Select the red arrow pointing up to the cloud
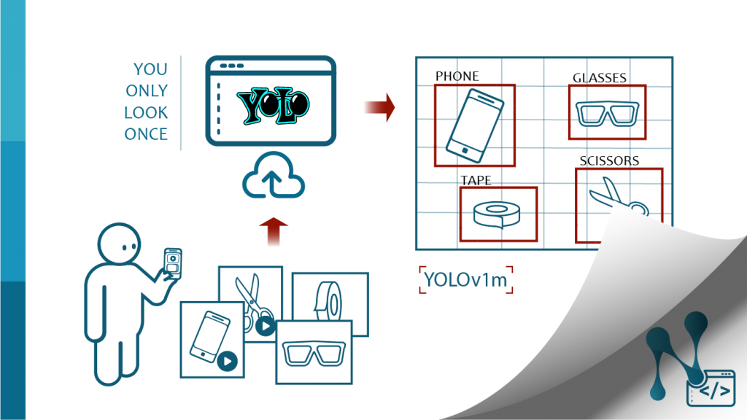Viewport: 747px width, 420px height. tap(273, 231)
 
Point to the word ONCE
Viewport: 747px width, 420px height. tap(146, 134)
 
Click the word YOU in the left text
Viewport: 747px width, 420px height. tap(150, 69)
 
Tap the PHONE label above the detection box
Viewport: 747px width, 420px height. tap(457, 76)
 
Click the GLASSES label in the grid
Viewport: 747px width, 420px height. tap(599, 78)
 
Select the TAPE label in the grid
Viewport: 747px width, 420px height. tap(476, 179)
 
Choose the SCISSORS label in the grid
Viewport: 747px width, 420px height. tap(609, 160)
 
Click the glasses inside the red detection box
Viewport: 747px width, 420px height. tap(607, 113)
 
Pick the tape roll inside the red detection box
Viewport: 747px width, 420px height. tap(498, 214)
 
